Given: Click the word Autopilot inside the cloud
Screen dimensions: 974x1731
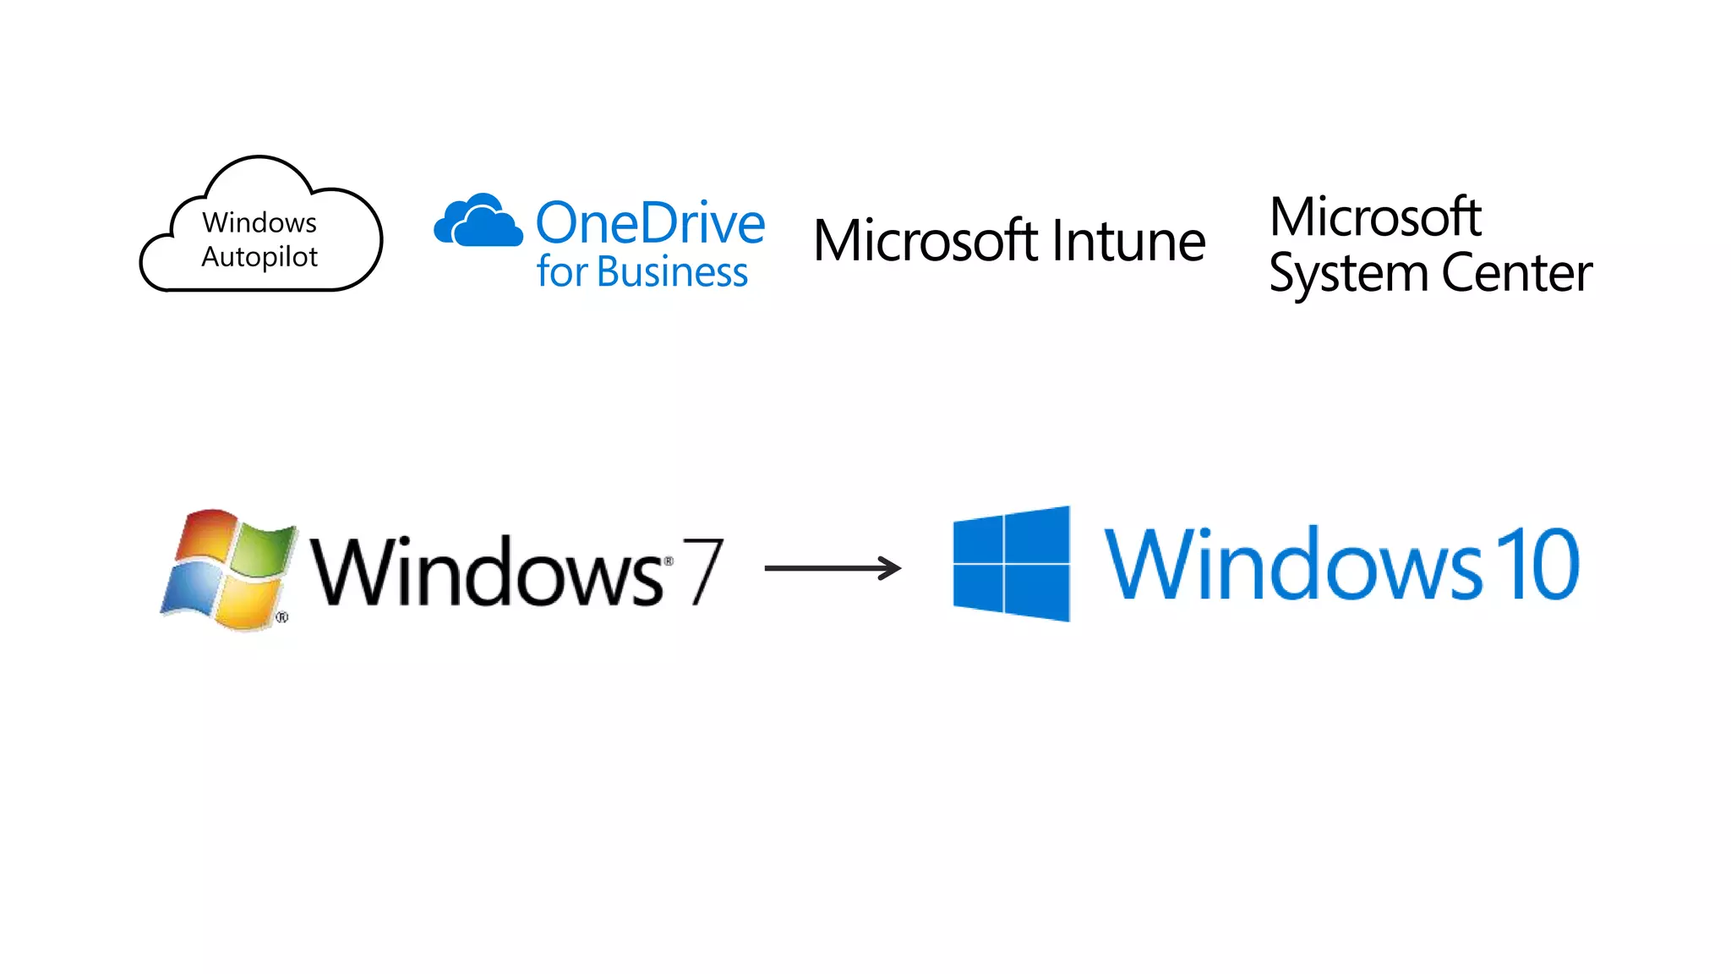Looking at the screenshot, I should (x=259, y=257).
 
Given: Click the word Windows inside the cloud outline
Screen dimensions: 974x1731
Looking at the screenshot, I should (x=259, y=222).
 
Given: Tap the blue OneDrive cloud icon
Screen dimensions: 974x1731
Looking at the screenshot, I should (x=478, y=221).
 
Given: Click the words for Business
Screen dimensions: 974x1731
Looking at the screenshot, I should (x=642, y=272).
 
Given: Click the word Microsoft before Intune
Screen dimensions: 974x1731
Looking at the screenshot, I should (x=926, y=241).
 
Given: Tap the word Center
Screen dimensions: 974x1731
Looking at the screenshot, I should (x=1516, y=273).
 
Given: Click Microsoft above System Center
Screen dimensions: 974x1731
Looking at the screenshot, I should (x=1375, y=217).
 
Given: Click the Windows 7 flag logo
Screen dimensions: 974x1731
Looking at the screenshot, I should (x=228, y=569).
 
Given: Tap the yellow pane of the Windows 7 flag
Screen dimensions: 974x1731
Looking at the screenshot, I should (x=246, y=602).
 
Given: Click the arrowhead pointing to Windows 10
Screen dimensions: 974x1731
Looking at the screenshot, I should (x=891, y=568).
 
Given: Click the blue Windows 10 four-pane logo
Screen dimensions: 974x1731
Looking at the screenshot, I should (x=1011, y=564).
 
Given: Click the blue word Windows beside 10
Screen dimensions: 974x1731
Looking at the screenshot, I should (x=1293, y=564).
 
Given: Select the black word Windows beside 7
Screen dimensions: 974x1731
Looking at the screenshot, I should (x=486, y=572).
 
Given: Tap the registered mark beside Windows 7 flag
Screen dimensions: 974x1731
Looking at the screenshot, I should (x=282, y=617).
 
